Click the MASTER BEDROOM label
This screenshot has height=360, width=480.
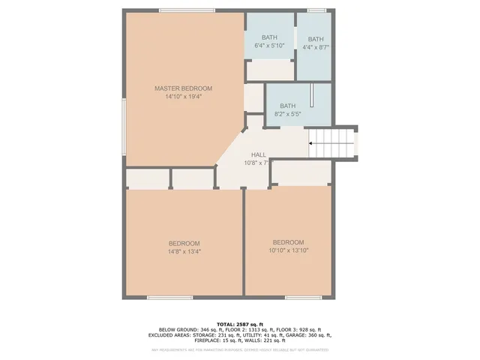coord(184,88)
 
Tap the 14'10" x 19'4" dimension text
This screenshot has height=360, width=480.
coord(184,96)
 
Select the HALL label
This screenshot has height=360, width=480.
coord(259,154)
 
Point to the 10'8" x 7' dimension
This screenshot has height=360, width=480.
coord(256,163)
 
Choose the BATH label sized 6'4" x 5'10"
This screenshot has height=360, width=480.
coord(270,38)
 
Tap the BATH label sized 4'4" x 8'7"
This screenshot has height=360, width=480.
coord(316,39)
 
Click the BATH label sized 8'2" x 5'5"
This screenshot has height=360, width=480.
coord(288,106)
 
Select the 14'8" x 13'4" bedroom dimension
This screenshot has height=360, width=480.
coord(184,252)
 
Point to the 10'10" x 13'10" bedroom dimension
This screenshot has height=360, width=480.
coord(288,250)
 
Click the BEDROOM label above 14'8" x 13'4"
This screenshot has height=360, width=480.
coord(184,243)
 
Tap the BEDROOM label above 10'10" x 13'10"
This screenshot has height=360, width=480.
coord(288,241)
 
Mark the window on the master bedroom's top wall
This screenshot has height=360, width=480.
coord(187,10)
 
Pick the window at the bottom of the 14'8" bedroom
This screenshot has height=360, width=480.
coord(169,297)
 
